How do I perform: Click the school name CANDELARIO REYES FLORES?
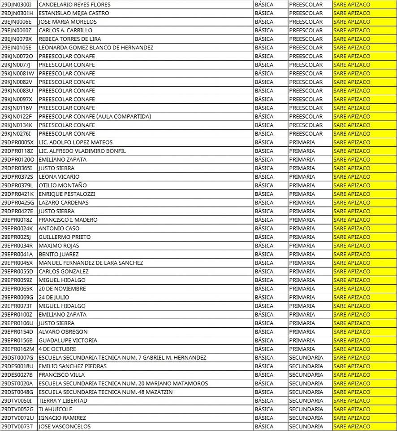click(x=68, y=4)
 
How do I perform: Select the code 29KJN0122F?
click(x=16, y=117)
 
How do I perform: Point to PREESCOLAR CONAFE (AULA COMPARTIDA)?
click(x=95, y=117)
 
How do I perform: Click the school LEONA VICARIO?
click(x=59, y=177)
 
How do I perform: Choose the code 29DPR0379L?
click(x=17, y=185)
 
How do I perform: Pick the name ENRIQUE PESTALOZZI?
click(x=67, y=194)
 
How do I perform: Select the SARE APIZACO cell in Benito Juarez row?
click(x=352, y=254)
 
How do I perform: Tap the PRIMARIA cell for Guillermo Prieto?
click(x=302, y=237)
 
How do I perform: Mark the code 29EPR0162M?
click(x=17, y=349)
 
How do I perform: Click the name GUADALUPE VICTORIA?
click(x=68, y=340)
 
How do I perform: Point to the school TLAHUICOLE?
click(x=55, y=409)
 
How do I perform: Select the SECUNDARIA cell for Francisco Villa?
click(x=306, y=375)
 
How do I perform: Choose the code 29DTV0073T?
click(x=17, y=427)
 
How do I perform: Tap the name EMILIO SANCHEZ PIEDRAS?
click(x=73, y=366)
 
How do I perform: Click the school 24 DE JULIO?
click(x=54, y=297)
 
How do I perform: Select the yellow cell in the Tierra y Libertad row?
click(x=352, y=400)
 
